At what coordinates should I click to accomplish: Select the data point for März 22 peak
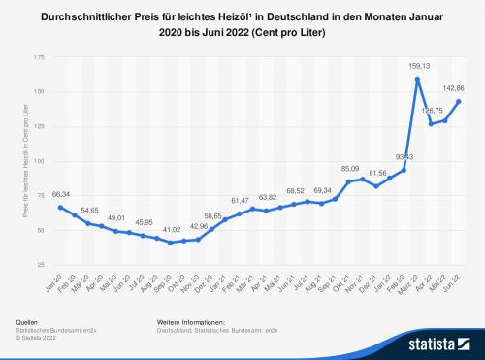pos(417,80)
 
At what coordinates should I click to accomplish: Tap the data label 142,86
pos(455,87)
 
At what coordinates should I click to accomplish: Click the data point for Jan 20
pos(61,207)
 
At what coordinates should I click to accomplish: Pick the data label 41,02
pos(172,229)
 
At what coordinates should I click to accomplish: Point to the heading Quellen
pos(28,319)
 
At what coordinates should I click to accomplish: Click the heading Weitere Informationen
pos(190,319)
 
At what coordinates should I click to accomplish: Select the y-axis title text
pos(23,160)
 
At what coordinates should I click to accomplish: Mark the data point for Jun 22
pos(458,101)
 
